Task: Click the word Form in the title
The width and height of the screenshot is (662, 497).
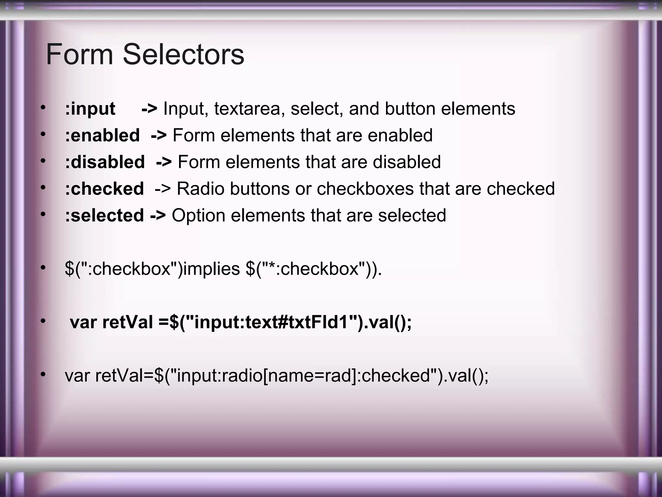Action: pyautogui.click(x=79, y=54)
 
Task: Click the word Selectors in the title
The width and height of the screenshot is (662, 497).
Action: pyautogui.click(x=183, y=54)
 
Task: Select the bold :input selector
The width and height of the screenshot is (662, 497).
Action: pyautogui.click(x=90, y=109)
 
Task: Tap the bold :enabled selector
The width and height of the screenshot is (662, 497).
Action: pyautogui.click(x=102, y=135)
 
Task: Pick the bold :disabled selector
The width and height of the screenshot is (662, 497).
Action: pyautogui.click(x=105, y=162)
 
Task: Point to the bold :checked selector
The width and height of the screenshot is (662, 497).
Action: pyautogui.click(x=104, y=189)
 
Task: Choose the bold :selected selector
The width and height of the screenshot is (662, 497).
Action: pyautogui.click(x=104, y=215)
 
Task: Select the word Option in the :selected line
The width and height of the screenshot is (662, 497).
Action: pyautogui.click(x=198, y=215)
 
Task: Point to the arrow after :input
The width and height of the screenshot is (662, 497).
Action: pyautogui.click(x=149, y=109)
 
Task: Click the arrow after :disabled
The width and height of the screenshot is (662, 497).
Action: pyautogui.click(x=164, y=162)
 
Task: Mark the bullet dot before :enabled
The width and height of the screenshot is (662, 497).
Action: pyautogui.click(x=43, y=134)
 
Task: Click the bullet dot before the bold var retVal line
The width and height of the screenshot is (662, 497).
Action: pyautogui.click(x=43, y=321)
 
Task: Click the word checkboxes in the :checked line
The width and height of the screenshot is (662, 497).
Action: pyautogui.click(x=365, y=189)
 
